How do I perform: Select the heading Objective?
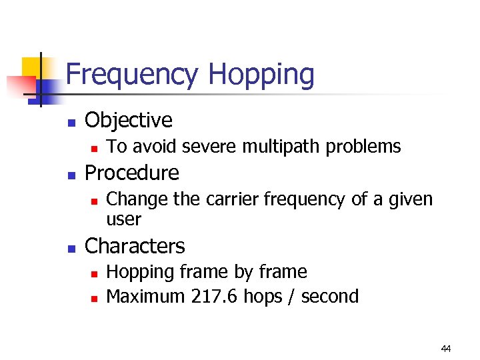[129, 120]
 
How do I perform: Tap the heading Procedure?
[132, 173]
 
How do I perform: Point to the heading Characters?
[135, 246]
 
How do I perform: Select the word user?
[124, 219]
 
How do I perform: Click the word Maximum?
[145, 297]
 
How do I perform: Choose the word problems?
[367, 147]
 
